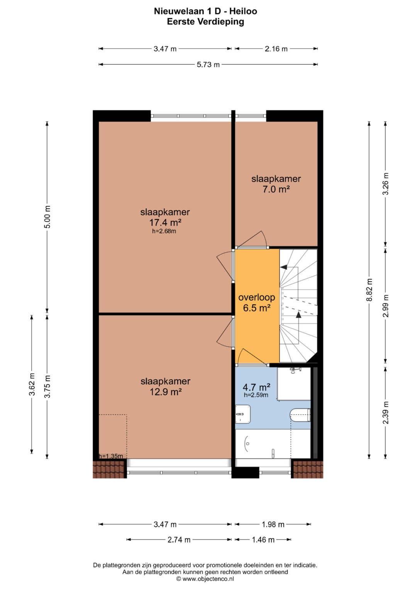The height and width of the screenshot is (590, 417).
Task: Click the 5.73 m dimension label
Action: tap(208, 65)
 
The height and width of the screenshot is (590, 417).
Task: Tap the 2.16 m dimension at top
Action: tap(276, 49)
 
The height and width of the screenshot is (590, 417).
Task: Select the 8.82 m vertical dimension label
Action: tap(370, 290)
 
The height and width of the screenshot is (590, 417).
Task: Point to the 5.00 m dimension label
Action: tap(47, 216)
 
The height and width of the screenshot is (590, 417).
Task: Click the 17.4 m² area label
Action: tap(165, 223)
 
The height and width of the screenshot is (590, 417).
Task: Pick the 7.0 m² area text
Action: tap(276, 189)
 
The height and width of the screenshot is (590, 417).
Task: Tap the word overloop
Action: tap(257, 298)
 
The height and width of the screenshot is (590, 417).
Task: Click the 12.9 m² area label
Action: tap(166, 392)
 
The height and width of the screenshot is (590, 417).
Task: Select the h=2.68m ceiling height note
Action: tap(164, 231)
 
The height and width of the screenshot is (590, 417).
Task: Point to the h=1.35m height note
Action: tap(111, 456)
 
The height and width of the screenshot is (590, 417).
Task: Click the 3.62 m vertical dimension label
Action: tap(32, 384)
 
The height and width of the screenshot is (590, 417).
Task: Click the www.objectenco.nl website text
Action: tap(208, 577)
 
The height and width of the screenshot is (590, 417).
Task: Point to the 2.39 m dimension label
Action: tap(386, 413)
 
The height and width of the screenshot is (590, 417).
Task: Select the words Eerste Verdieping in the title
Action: tap(205, 22)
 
